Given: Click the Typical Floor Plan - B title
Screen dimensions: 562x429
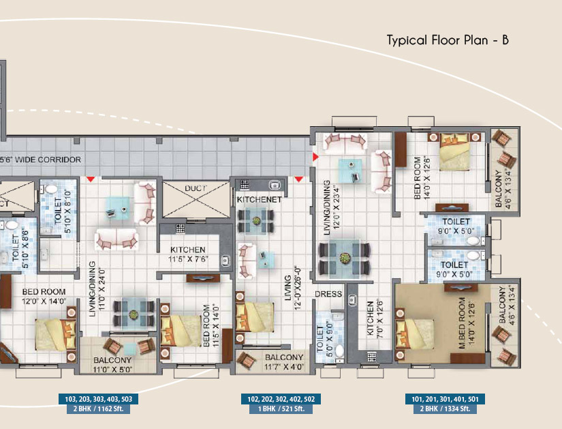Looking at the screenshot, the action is click(x=448, y=40).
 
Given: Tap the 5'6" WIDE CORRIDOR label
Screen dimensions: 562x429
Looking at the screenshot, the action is click(x=40, y=160).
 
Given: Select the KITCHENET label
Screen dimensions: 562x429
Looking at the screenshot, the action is click(x=260, y=200).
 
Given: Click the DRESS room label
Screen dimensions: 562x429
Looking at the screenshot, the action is click(x=328, y=294).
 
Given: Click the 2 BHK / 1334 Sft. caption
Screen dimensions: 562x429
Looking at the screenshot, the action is click(x=445, y=409).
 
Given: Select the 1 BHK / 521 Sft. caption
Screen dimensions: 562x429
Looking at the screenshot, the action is click(x=281, y=409).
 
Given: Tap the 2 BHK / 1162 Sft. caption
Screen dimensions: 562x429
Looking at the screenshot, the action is click(x=99, y=409).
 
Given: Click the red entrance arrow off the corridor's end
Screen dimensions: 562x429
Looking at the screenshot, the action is click(x=315, y=157).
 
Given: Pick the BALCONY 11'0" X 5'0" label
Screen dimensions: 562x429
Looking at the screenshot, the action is click(x=112, y=365).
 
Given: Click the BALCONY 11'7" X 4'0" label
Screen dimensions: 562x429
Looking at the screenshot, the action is click(x=284, y=362).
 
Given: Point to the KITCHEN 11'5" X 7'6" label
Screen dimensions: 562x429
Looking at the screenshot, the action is click(x=188, y=254).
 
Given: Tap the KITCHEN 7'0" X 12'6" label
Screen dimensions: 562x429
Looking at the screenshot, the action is click(x=375, y=318).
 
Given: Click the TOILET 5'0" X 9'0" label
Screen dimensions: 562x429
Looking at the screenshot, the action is click(x=325, y=338).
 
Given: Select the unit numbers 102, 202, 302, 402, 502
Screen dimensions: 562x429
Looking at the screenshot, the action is click(x=281, y=399).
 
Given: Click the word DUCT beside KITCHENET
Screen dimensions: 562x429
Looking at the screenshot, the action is click(x=196, y=188).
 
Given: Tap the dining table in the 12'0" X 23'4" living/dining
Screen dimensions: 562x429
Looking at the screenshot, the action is click(x=345, y=258).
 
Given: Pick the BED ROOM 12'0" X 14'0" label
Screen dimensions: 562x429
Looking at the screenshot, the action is click(x=44, y=296).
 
